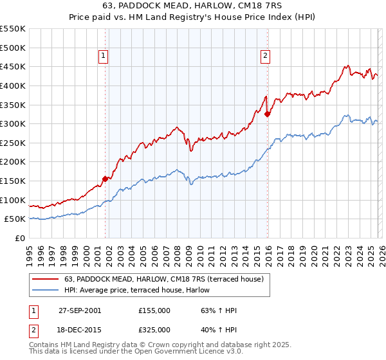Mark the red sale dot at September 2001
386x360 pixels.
click(106, 179)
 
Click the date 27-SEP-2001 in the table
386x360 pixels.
click(80, 310)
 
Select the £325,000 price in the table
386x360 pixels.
click(154, 330)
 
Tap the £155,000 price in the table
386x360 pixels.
click(154, 310)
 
